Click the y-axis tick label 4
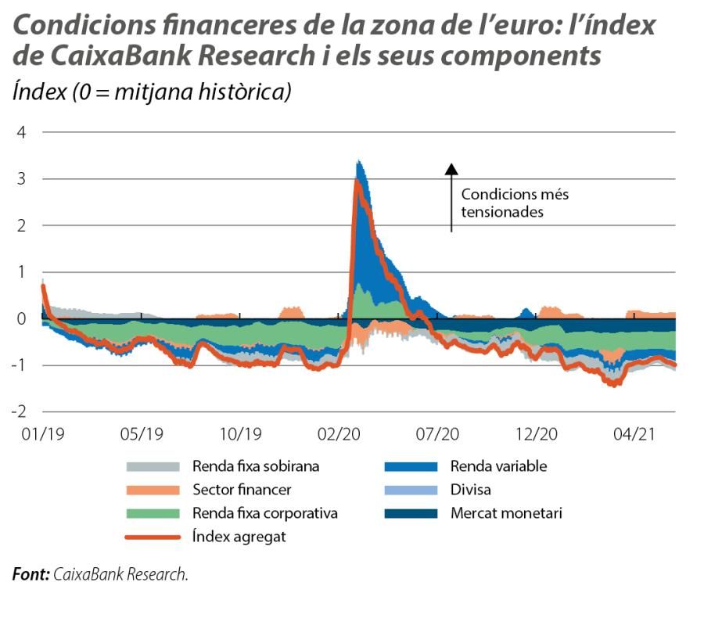pyautogui.click(x=21, y=132)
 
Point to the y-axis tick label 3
pyautogui.click(x=21, y=179)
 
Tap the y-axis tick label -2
pyautogui.click(x=18, y=412)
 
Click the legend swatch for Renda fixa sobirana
pyautogui.click(x=153, y=467)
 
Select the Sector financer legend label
pyautogui.click(x=242, y=490)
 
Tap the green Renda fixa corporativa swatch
pyautogui.click(x=153, y=514)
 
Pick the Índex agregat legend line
pyautogui.click(x=153, y=537)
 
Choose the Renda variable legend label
pyautogui.click(x=498, y=467)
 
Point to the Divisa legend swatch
pyautogui.click(x=410, y=490)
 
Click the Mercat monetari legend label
pyautogui.click(x=506, y=514)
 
